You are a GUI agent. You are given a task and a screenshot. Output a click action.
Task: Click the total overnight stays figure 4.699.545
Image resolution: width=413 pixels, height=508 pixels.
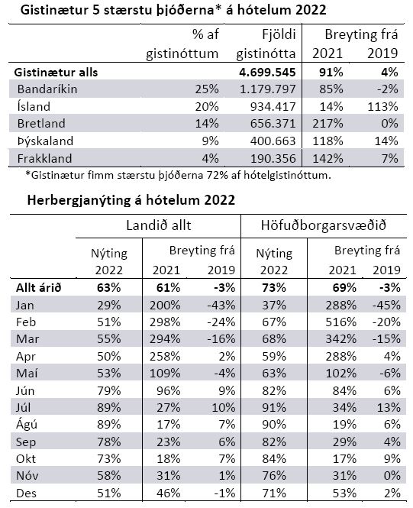pos(267,73)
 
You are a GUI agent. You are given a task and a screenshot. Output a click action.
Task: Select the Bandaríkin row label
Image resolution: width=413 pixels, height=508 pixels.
pos(47,89)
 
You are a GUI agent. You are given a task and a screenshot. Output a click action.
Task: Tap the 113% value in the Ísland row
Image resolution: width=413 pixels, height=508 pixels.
pos(382,107)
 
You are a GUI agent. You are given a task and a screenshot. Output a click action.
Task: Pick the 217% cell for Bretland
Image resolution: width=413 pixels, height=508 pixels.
pos(327,124)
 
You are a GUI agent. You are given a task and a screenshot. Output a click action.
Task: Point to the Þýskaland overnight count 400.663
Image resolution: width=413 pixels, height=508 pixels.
pos(273,141)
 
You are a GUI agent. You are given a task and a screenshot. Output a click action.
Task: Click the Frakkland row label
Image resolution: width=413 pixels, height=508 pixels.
pos(45,158)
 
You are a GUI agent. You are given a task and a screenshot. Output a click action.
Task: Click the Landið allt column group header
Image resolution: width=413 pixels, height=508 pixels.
pos(159,225)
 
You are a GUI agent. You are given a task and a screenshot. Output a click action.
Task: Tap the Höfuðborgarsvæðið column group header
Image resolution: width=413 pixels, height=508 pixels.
pos(324,225)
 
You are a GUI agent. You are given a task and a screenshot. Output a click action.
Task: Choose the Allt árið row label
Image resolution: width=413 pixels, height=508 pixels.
pos(38,288)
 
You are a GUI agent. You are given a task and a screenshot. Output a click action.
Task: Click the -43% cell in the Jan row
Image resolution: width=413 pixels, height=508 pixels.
pos(221,306)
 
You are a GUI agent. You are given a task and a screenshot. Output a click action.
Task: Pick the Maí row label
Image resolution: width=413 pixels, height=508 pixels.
pos(27,374)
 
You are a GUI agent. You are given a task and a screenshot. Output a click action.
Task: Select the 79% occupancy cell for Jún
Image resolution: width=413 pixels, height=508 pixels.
pos(109,390)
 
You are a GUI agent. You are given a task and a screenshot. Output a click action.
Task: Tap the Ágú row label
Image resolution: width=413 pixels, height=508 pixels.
pos(27,425)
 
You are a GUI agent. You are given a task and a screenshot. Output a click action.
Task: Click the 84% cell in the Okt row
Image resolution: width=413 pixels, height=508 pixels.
pos(274,459)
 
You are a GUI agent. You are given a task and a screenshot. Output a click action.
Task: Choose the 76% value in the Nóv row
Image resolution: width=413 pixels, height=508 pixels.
pos(274,476)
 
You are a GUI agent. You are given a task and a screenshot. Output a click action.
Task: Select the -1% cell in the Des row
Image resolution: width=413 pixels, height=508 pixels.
pos(224,493)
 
